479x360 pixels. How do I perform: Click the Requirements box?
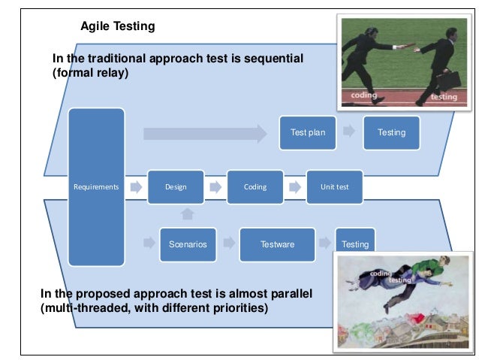tap(96, 186)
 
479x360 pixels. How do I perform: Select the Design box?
tap(175, 186)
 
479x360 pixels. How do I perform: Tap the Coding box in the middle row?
tap(255, 186)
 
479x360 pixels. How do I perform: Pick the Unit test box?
tap(334, 186)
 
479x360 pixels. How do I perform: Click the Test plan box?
tap(308, 132)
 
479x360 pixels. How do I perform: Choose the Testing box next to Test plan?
tap(391, 132)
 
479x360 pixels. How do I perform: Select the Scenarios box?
tap(188, 244)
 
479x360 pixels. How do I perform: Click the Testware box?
tap(277, 244)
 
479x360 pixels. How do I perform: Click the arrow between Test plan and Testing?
tap(349, 132)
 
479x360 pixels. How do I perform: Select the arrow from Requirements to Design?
tap(136, 186)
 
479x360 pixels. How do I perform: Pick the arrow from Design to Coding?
tap(215, 186)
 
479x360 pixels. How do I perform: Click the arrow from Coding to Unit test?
tap(295, 186)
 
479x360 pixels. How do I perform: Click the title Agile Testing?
tap(117, 26)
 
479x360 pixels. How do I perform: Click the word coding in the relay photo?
tap(364, 95)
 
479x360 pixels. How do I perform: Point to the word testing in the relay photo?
tap(444, 96)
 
